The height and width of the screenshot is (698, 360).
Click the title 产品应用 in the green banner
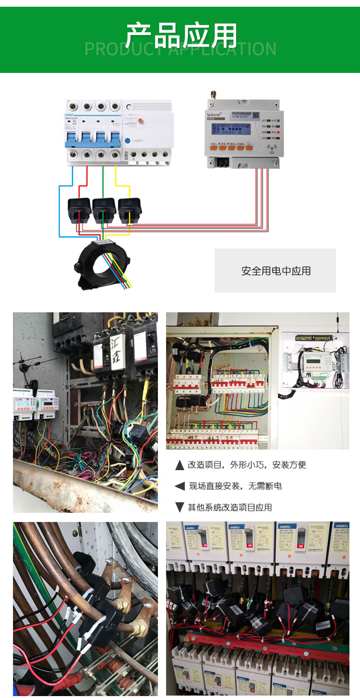181,35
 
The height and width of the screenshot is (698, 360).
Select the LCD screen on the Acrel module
230,131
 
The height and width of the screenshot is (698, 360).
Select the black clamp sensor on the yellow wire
129,210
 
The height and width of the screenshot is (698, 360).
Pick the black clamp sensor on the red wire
79,210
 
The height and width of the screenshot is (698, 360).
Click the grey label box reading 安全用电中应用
275,271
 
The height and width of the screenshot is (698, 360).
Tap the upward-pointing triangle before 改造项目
180,465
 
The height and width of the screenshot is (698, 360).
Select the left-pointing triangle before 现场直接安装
180,486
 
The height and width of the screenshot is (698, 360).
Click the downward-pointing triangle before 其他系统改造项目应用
180,507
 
